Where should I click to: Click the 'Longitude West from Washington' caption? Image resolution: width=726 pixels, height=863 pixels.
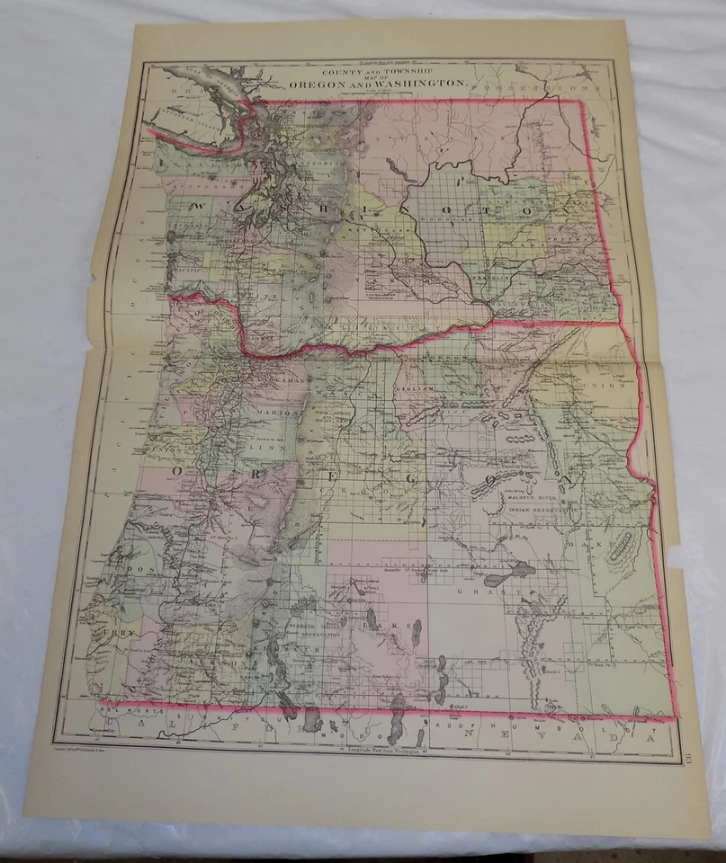coord(378,749)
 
